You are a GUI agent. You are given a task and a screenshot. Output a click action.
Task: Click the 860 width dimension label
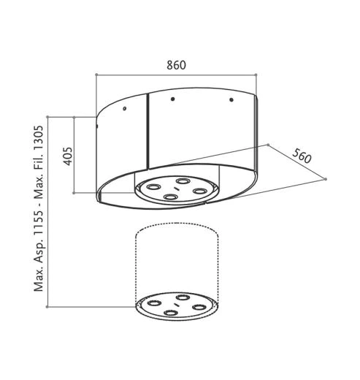pos(177,64)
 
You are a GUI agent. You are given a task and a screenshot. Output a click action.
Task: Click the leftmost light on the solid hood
pos(155,187)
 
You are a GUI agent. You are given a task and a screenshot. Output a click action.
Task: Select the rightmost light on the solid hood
pos(197,191)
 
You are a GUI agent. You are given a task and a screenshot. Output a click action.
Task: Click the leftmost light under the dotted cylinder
pos(155,303)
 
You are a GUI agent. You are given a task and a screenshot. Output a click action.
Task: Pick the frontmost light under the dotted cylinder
pos(171,313)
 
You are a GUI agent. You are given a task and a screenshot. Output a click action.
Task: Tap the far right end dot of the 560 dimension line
pos(326,178)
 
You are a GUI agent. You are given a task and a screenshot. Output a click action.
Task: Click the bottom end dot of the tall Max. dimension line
pos(47,308)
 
